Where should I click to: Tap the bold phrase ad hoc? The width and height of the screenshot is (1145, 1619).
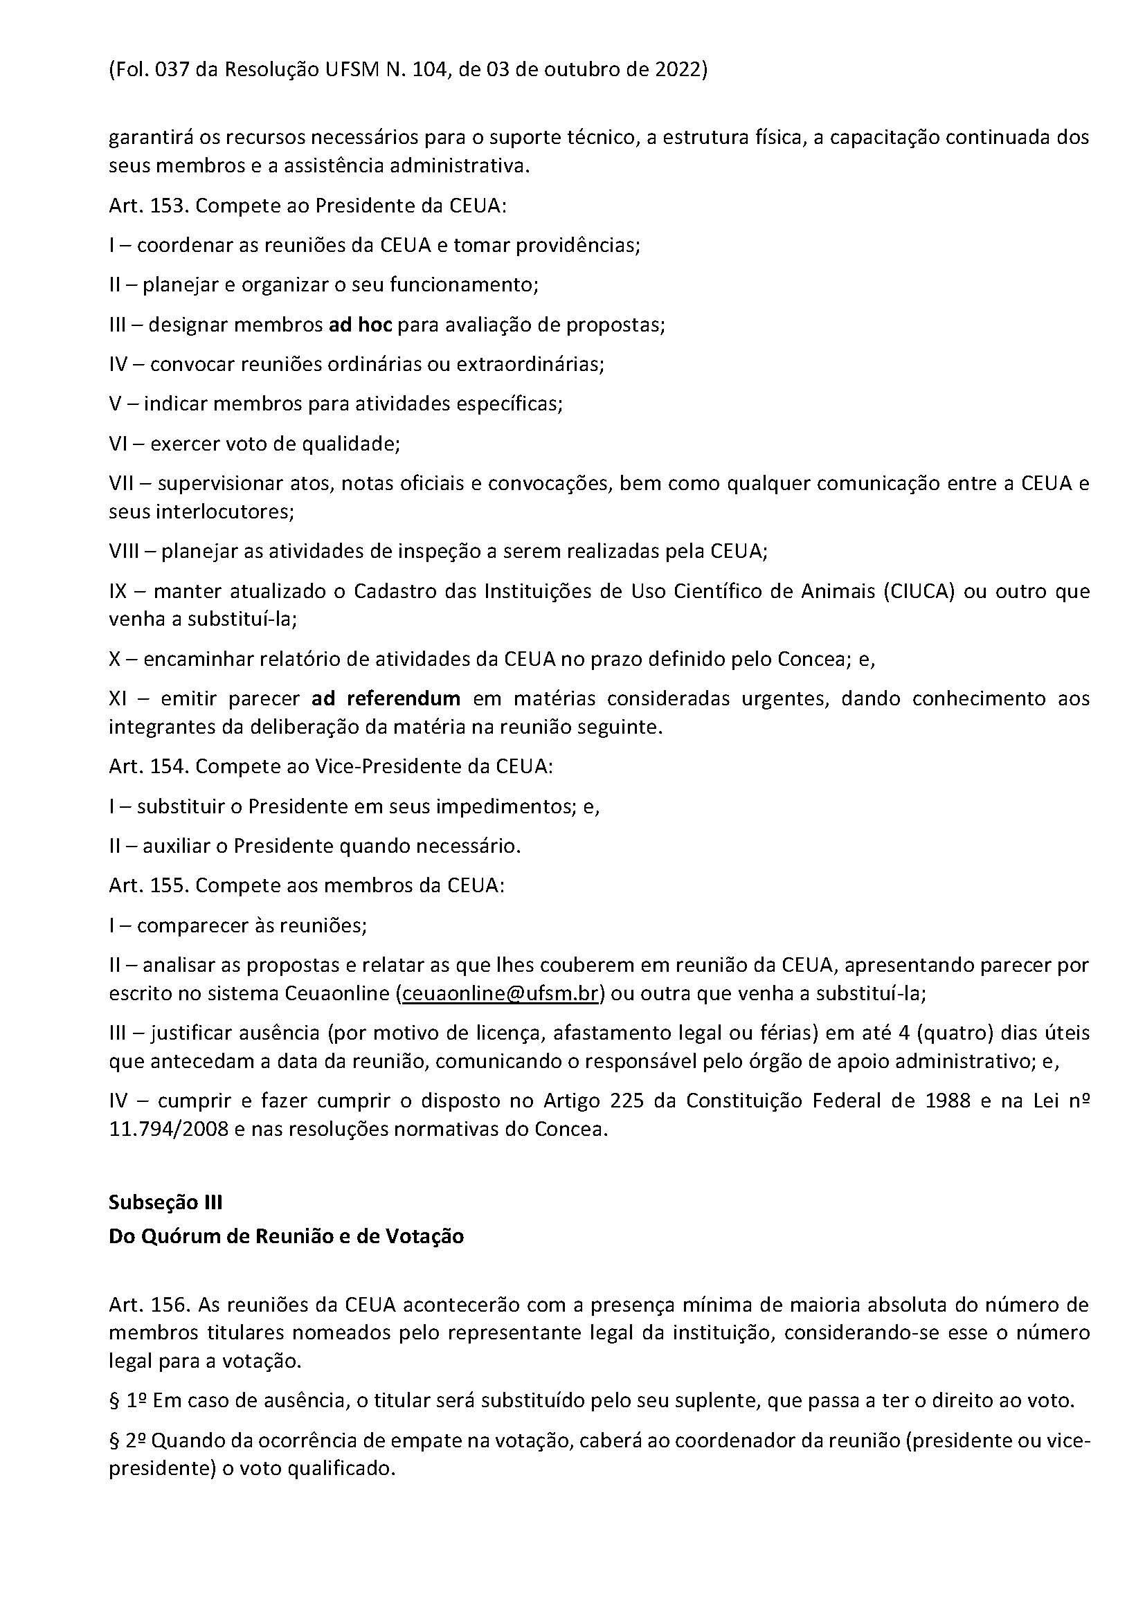point(360,325)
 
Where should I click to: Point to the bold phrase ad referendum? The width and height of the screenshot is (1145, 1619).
point(386,698)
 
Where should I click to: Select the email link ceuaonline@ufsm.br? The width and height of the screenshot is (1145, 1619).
point(500,993)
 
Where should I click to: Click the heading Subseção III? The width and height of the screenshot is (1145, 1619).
point(165,1202)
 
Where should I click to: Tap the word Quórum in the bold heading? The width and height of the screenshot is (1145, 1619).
point(176,1236)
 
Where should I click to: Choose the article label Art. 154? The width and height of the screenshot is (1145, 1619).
point(148,766)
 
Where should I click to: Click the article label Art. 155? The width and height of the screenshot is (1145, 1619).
point(148,886)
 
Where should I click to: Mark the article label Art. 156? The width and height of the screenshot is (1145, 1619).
point(148,1305)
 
